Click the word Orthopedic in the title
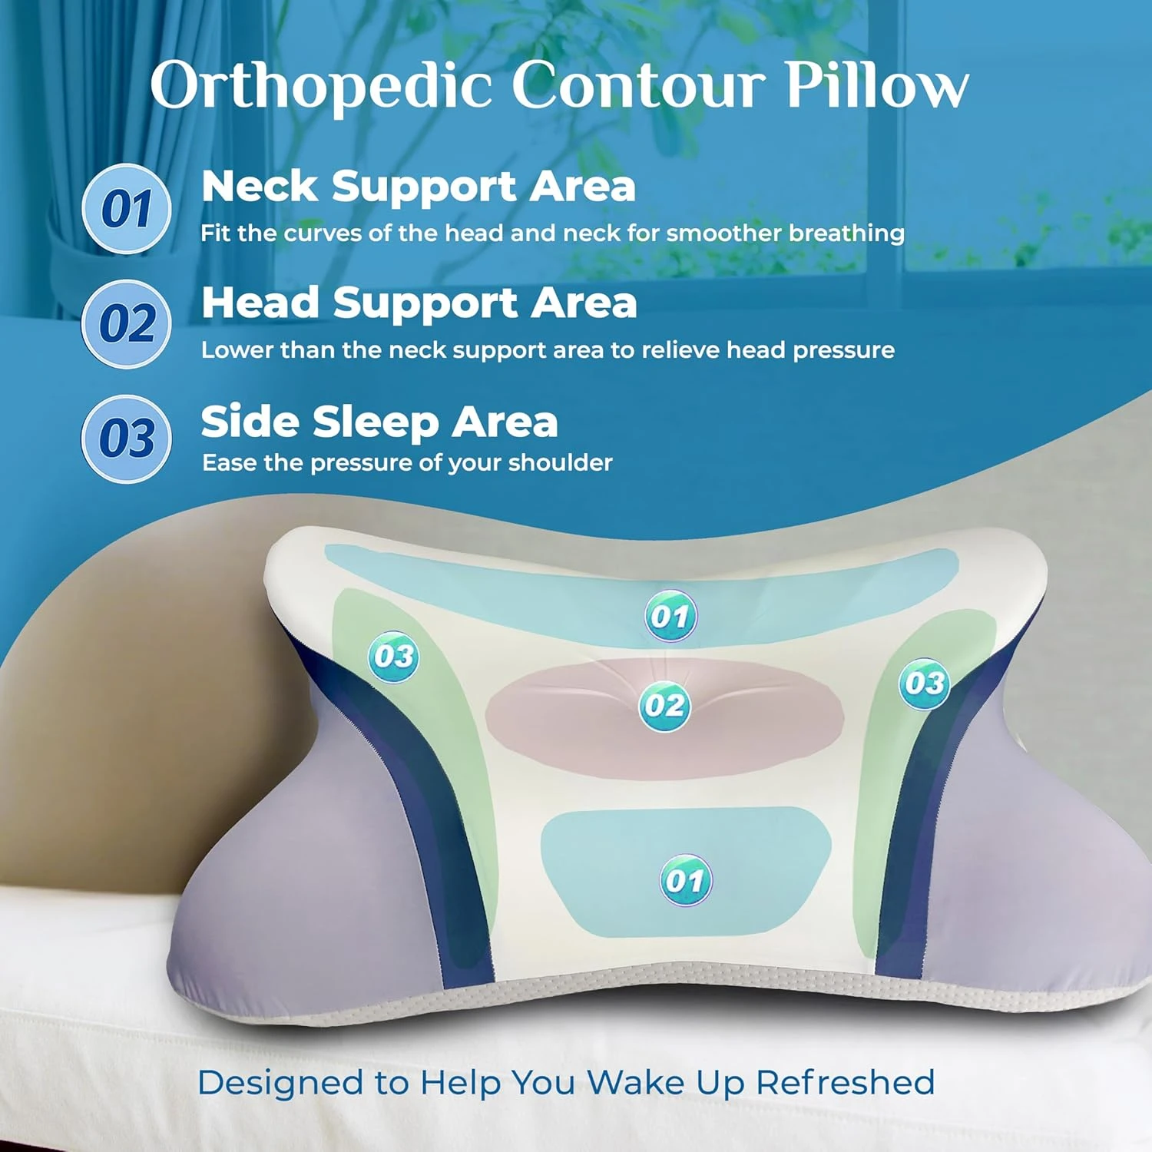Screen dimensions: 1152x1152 (321, 86)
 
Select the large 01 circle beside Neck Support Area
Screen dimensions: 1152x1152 (127, 209)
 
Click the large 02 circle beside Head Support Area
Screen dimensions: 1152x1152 (127, 323)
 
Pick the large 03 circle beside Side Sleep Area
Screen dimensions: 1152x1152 (127, 439)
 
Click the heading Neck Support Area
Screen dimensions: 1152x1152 (419, 187)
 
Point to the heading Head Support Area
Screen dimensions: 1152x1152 (419, 303)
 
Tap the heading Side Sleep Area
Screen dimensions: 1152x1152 (379, 422)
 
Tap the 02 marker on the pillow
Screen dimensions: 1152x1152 (664, 706)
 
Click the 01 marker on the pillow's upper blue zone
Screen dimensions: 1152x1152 (670, 616)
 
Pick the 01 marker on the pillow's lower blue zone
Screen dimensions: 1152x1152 (686, 880)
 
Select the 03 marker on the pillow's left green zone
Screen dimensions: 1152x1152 (394, 657)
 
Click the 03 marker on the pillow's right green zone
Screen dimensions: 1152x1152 (925, 683)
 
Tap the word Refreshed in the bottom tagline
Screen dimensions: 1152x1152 (846, 1083)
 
